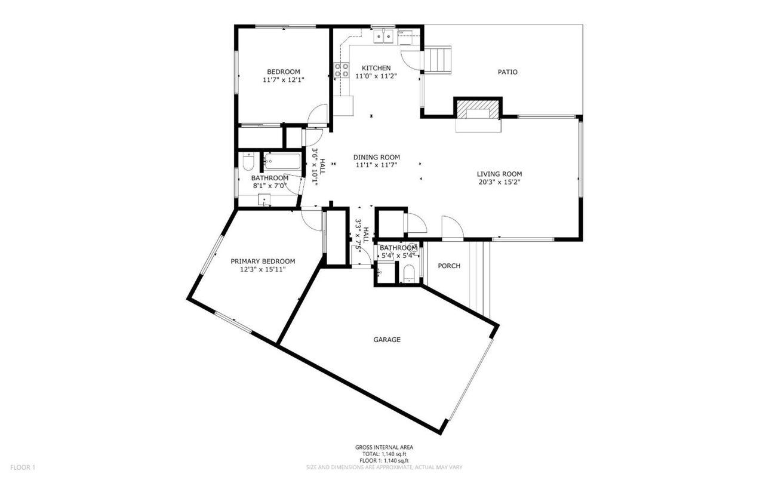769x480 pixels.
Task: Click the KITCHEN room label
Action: [x=376, y=68]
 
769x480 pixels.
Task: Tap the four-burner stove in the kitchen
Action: [x=342, y=70]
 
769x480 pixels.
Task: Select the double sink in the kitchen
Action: [x=383, y=37]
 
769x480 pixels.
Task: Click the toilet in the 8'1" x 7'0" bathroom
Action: [x=248, y=161]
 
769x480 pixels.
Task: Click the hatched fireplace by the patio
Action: [x=478, y=110]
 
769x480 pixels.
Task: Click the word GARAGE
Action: [x=387, y=340]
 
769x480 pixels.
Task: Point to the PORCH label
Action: [x=449, y=266]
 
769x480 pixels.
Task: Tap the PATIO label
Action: [x=507, y=72]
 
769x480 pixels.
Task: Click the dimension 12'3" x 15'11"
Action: [x=263, y=269]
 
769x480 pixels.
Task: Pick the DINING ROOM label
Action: [x=376, y=157]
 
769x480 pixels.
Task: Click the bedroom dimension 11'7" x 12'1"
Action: [x=283, y=79]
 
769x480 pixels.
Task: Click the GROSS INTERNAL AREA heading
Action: [x=384, y=447]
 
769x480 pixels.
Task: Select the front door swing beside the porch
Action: [x=451, y=227]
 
